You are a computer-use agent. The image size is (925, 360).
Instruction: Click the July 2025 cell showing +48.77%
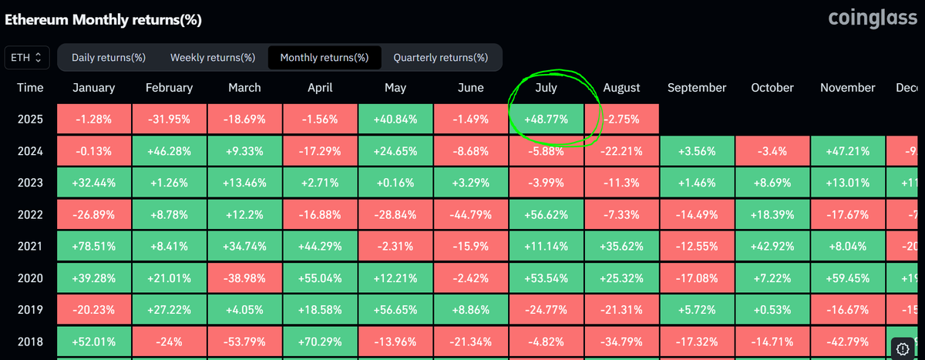click(x=546, y=119)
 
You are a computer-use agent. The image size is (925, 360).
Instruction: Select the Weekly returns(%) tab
click(x=212, y=57)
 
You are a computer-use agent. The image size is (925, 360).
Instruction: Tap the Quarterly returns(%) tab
click(x=440, y=57)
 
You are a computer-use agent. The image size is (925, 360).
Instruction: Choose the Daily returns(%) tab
click(x=108, y=57)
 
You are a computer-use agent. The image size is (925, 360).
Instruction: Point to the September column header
click(x=697, y=88)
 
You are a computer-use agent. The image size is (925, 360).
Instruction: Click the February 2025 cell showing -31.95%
click(x=169, y=119)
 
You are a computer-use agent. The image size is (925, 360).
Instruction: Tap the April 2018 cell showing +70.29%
click(x=319, y=341)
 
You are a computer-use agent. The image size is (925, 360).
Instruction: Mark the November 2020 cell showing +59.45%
click(x=847, y=278)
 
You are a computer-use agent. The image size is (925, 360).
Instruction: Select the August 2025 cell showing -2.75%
click(x=621, y=119)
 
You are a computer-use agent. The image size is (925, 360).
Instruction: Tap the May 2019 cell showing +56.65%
click(x=395, y=309)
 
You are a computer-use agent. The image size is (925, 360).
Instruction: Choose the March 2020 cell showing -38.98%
click(x=244, y=278)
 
